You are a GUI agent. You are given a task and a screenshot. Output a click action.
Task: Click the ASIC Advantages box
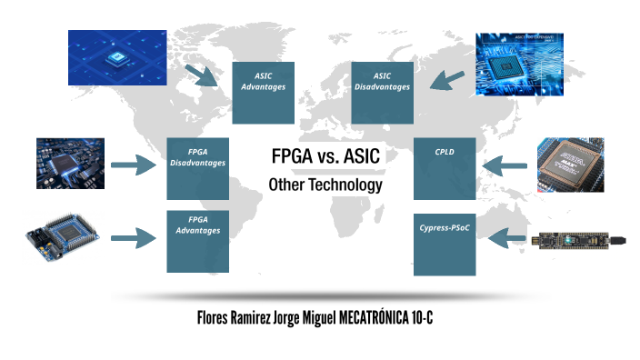[x=263, y=93]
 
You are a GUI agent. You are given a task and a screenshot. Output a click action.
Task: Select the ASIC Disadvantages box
[x=382, y=93]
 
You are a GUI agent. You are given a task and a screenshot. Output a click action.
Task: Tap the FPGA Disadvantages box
[x=197, y=169]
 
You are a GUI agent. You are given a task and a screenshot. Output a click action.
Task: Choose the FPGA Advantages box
[x=197, y=241]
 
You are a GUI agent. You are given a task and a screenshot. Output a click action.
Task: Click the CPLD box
[x=445, y=169]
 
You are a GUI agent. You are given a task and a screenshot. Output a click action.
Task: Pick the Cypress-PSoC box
[x=445, y=245]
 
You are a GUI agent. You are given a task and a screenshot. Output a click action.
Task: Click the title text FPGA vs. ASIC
[x=325, y=156]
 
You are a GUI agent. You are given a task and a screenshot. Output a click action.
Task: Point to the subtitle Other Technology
[x=325, y=185]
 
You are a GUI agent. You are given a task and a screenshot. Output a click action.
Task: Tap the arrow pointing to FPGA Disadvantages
[x=135, y=165]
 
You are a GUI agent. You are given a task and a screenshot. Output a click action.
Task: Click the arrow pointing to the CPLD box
[x=505, y=165]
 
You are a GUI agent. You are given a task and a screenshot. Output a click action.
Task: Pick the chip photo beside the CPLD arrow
[x=571, y=164]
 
